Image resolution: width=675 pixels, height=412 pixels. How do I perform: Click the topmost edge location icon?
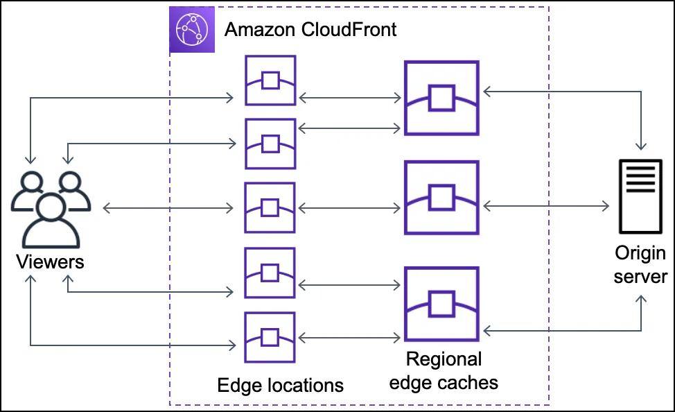270,81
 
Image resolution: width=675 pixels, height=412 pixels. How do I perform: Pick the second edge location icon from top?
270,144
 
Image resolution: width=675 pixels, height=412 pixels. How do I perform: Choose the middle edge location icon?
270,207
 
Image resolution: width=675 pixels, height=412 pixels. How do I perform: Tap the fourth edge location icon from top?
270,273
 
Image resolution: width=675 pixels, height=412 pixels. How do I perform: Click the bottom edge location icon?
270,337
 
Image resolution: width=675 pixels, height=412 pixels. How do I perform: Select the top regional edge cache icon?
441,98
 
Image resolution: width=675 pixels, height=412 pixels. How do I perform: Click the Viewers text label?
50,261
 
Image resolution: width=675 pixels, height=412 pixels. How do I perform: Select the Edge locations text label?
280,385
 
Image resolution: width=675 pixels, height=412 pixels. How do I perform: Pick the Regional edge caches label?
443,370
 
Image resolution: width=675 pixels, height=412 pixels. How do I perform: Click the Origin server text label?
640,264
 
